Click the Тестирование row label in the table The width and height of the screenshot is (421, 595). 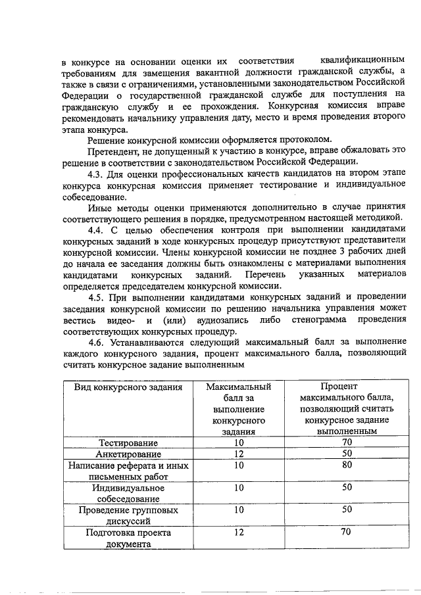(128, 442)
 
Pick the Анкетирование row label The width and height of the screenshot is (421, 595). (128, 454)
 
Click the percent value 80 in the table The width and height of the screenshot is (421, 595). (347, 465)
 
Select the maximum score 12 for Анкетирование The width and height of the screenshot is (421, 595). (239, 454)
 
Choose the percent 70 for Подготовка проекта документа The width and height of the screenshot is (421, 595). (347, 532)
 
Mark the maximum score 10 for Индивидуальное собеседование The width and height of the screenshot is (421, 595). (239, 487)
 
